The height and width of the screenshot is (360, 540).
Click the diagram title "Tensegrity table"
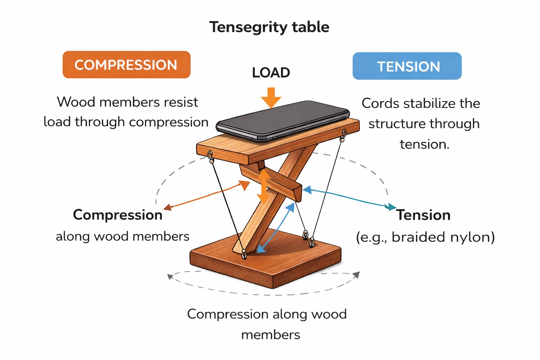click(269, 27)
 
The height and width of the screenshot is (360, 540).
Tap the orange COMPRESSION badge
click(126, 65)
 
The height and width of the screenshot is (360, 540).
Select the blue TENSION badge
click(407, 66)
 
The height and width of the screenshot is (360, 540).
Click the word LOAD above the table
click(271, 73)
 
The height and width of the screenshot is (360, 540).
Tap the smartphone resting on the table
click(283, 120)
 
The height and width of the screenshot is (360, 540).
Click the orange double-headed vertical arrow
click(264, 186)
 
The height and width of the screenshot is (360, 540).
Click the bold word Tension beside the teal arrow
click(423, 215)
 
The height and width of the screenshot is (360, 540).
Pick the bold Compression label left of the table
click(118, 215)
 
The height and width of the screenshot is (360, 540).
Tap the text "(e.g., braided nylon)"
click(425, 237)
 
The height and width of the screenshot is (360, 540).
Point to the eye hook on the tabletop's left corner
click(211, 157)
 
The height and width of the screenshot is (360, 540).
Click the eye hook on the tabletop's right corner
click(344, 135)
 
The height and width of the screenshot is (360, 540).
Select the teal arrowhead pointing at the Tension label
click(390, 207)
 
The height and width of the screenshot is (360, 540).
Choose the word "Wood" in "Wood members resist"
click(76, 102)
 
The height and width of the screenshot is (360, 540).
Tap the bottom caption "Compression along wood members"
click(267, 324)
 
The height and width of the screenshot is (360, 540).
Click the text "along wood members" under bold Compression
click(123, 236)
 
